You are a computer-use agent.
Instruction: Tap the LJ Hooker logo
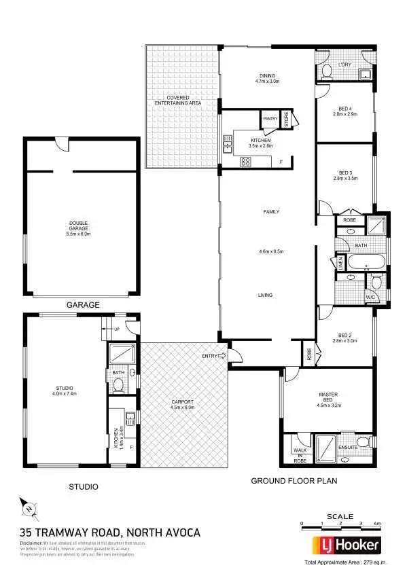[346, 545]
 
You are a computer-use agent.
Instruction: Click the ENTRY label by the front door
[211, 356]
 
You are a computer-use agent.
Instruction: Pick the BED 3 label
[344, 176]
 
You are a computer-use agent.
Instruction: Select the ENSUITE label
[348, 448]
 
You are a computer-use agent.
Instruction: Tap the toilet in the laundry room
[325, 71]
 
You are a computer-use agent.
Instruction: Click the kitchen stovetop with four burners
[245, 162]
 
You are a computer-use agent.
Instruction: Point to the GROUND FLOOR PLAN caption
[294, 481]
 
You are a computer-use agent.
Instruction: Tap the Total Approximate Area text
[344, 564]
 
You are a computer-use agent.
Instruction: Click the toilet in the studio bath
[118, 385]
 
